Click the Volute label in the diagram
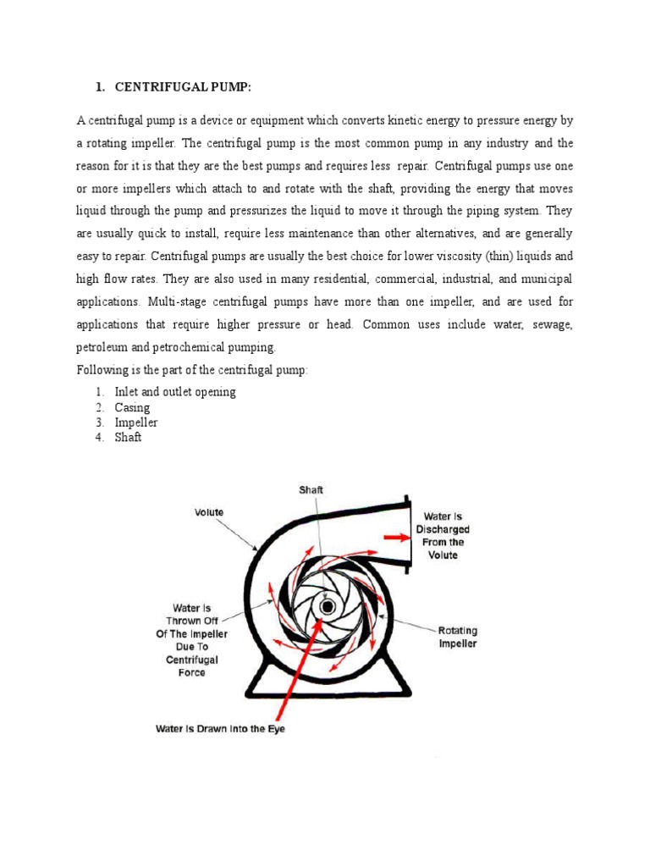209,511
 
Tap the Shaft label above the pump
311,490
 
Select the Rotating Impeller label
457,637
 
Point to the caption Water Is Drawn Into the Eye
220,728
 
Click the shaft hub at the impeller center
326,605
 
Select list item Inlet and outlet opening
175,392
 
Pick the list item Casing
132,407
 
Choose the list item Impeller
136,422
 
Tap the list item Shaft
129,438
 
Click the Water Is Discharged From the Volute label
442,535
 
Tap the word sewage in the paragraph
548,324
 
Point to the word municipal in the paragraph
543,278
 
